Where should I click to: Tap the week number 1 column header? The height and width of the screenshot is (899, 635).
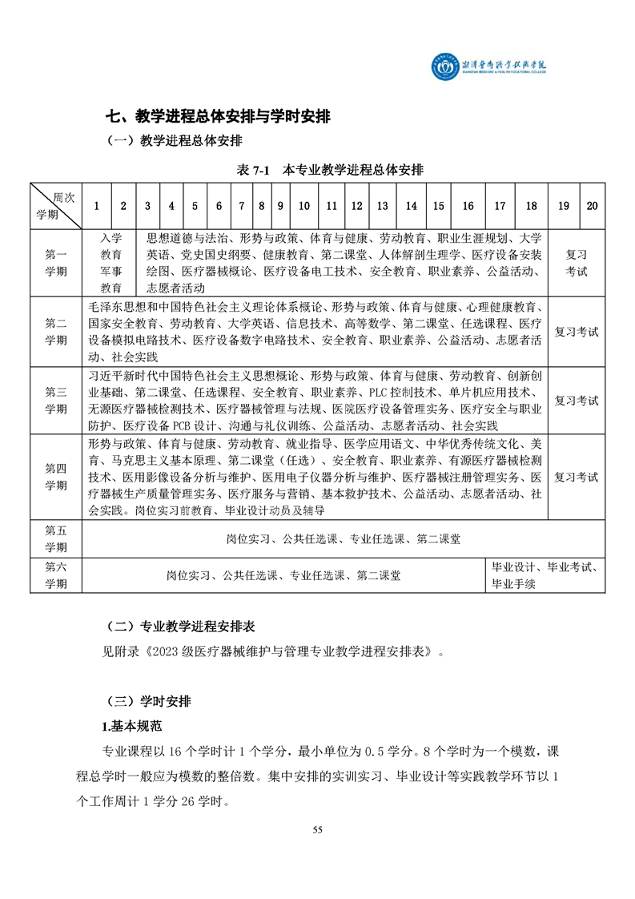[x=97, y=206]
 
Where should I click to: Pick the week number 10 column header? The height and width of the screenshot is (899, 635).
[x=304, y=206]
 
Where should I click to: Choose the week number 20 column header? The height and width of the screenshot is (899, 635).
[x=592, y=206]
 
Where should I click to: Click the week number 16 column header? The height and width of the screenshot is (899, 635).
[x=468, y=206]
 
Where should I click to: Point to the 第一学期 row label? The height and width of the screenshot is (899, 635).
[x=56, y=263]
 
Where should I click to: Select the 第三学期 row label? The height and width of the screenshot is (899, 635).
[x=56, y=401]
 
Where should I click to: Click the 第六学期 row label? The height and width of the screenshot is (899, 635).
[x=56, y=575]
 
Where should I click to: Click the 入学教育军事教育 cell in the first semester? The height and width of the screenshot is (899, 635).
[x=111, y=263]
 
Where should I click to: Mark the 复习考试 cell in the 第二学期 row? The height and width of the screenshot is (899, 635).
[x=577, y=332]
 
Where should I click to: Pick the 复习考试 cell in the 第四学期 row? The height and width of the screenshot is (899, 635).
[x=577, y=478]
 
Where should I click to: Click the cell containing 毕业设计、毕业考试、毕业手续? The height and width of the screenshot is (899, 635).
[x=546, y=575]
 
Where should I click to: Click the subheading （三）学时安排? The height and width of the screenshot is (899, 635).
[x=149, y=701]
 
